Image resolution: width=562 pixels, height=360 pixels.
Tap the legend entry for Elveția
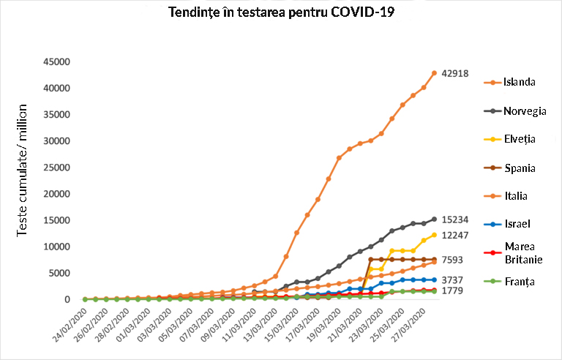pyautogui.click(x=520, y=139)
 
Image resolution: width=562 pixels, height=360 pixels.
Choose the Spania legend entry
pyautogui.click(x=519, y=168)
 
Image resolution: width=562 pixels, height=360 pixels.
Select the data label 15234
pyautogui.click(x=455, y=220)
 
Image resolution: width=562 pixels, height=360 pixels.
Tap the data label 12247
pyautogui.click(x=455, y=235)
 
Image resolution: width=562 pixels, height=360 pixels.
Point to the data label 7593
pyautogui.click(x=452, y=260)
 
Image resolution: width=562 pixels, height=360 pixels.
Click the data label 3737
pyautogui.click(x=452, y=280)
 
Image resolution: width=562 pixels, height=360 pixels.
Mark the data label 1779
pyautogui.click(x=452, y=291)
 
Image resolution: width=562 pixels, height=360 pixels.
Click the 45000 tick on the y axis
pyautogui.click(x=56, y=61)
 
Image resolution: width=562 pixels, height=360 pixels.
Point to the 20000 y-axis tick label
pyautogui.click(x=56, y=194)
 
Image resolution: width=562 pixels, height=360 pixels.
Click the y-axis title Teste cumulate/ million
pyautogui.click(x=23, y=169)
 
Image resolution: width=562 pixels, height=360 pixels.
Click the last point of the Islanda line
pyautogui.click(x=434, y=73)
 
